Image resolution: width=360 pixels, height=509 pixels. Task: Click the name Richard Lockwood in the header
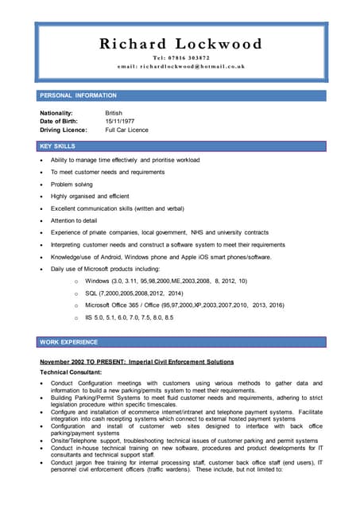[x=180, y=44]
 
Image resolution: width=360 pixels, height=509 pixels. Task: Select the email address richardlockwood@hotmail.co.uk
[x=180, y=67]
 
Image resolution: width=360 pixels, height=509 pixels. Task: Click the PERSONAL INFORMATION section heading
[x=78, y=95]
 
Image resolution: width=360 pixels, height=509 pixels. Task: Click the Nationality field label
[x=56, y=114]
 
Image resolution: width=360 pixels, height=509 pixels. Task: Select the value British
[x=114, y=114]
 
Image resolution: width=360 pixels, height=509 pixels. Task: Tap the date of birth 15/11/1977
[x=121, y=122]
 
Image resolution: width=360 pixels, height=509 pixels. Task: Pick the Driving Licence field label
[x=64, y=130]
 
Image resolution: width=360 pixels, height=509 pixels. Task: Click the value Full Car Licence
[x=127, y=130]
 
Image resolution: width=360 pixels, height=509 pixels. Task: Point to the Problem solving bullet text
[x=72, y=184]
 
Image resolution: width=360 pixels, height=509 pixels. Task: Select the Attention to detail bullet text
[x=74, y=220]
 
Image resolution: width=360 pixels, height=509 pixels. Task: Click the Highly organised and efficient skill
[x=89, y=196]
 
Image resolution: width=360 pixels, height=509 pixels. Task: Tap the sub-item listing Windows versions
[x=165, y=281]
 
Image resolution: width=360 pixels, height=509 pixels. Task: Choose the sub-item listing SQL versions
[x=134, y=293]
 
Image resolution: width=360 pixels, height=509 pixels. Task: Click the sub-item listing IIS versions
[x=129, y=318]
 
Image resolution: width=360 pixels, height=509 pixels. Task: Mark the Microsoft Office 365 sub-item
[x=184, y=305]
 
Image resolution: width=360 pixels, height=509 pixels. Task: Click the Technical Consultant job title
[x=71, y=372]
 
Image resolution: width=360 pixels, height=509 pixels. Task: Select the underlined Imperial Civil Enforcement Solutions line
[x=137, y=362]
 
